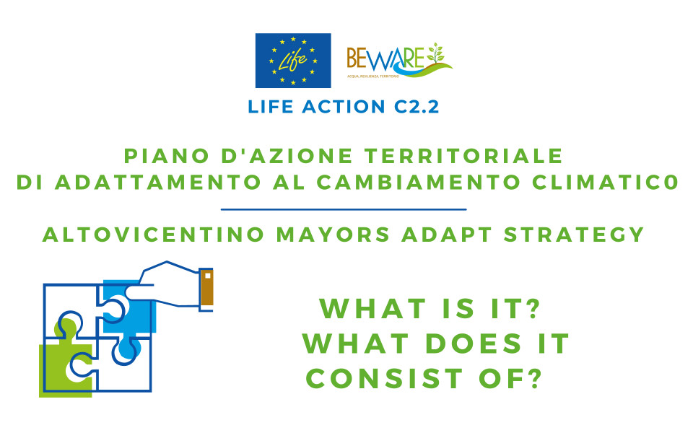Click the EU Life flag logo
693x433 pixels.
(x=293, y=61)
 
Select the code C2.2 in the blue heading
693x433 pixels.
(x=417, y=107)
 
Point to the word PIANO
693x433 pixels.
(x=167, y=156)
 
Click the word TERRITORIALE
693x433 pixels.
(x=463, y=156)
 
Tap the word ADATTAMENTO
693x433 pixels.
(x=158, y=183)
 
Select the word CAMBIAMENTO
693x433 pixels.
(x=418, y=183)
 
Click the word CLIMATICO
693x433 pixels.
(x=605, y=183)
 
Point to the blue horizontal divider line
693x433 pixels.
(x=344, y=209)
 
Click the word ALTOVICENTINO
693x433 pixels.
(x=153, y=235)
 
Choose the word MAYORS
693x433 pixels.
(x=333, y=235)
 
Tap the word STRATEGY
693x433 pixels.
(x=574, y=235)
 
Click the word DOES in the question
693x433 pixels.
(x=474, y=344)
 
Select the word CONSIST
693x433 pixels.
(x=385, y=379)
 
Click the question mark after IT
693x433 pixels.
(x=533, y=308)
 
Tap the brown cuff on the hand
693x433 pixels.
(x=206, y=288)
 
